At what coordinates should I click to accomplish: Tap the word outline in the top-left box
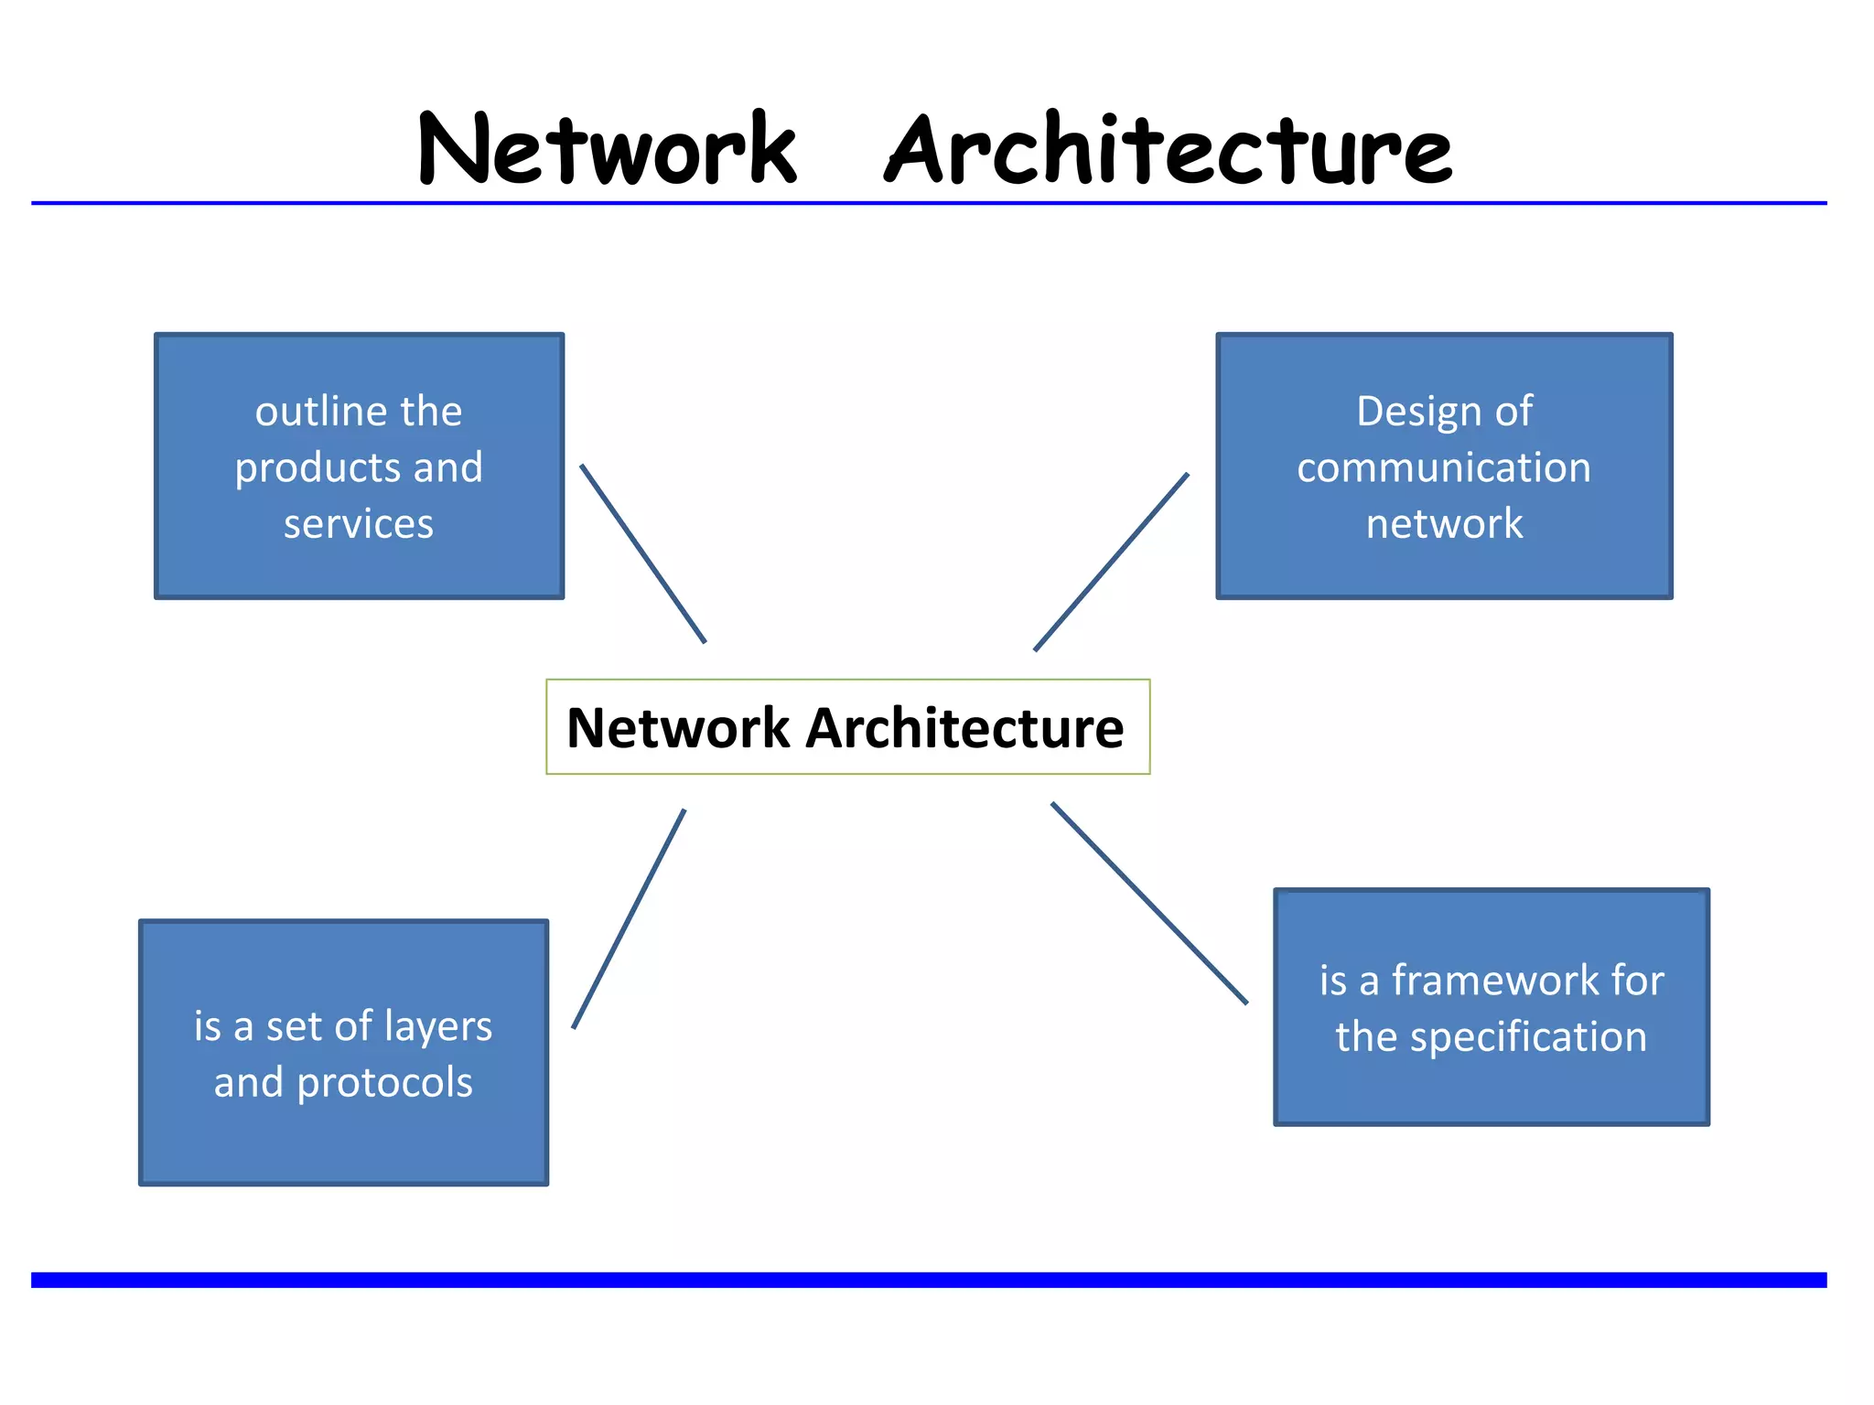311,412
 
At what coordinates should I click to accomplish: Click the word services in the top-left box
359,524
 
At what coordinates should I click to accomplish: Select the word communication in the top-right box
1444,468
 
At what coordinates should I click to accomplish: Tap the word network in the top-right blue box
1444,524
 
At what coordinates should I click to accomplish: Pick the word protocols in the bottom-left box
385,1083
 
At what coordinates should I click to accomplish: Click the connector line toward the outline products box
643,554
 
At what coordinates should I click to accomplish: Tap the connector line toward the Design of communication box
1111,563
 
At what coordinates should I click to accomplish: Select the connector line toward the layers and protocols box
629,919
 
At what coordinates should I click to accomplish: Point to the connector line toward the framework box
1149,904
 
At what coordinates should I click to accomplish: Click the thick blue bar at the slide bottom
929,1280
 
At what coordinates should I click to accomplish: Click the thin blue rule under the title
929,203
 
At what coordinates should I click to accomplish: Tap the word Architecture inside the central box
964,729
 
